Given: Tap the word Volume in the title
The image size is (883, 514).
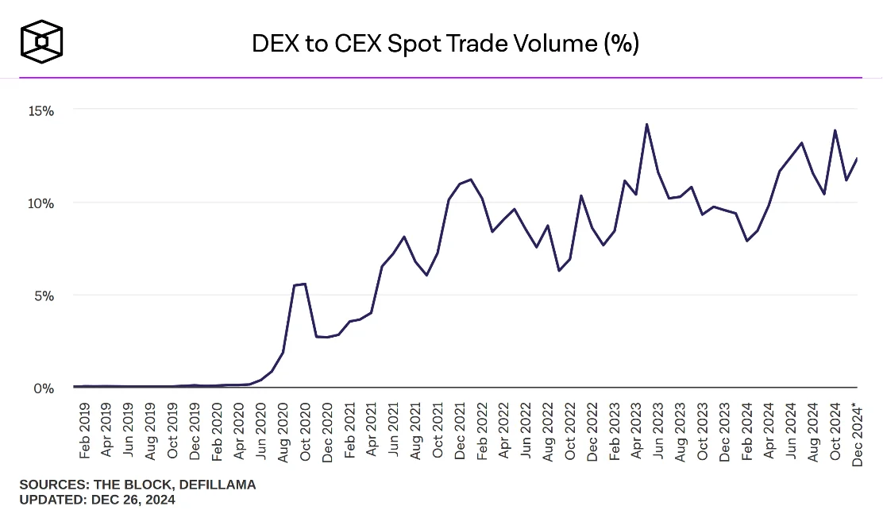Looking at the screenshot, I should tap(555, 44).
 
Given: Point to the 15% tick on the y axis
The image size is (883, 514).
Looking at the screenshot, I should tap(37, 110).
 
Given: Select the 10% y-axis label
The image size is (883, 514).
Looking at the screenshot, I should tap(37, 203).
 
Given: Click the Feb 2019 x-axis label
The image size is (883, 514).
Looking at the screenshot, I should tap(85, 431).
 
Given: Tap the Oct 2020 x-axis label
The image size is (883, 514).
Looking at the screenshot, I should tap(305, 431).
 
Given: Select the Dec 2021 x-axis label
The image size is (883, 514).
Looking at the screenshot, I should tap(460, 431).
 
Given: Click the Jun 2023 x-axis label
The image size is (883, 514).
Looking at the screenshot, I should tap(658, 431).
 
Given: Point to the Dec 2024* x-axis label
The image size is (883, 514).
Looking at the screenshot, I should tap(856, 433).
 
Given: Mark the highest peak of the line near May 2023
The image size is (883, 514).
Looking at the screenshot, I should tap(647, 124).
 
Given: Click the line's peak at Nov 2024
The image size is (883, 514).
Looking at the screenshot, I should tap(835, 130).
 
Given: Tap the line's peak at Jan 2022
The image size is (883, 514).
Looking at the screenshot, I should tap(471, 180).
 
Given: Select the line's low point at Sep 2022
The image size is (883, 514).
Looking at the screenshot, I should tap(559, 271).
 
